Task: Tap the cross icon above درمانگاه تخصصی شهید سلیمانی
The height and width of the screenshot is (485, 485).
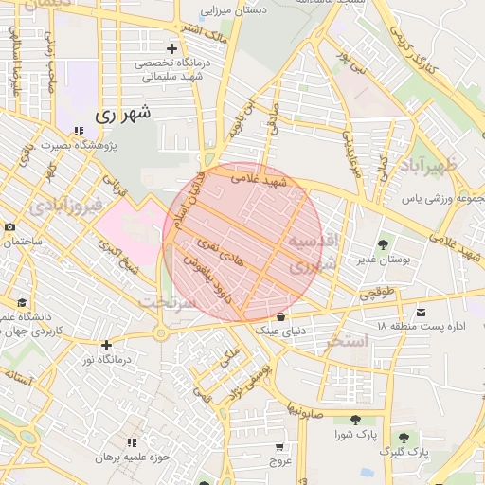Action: point(171,47)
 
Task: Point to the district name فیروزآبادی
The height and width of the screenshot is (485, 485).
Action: point(59,205)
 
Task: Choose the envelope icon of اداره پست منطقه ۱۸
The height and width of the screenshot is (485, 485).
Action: point(421,312)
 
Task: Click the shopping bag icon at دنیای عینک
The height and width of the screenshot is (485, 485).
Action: point(280,315)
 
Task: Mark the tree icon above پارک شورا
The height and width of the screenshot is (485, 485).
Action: point(355,420)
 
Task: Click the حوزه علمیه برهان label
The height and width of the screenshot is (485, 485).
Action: point(132,458)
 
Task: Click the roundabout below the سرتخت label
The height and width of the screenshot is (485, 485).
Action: point(160,332)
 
